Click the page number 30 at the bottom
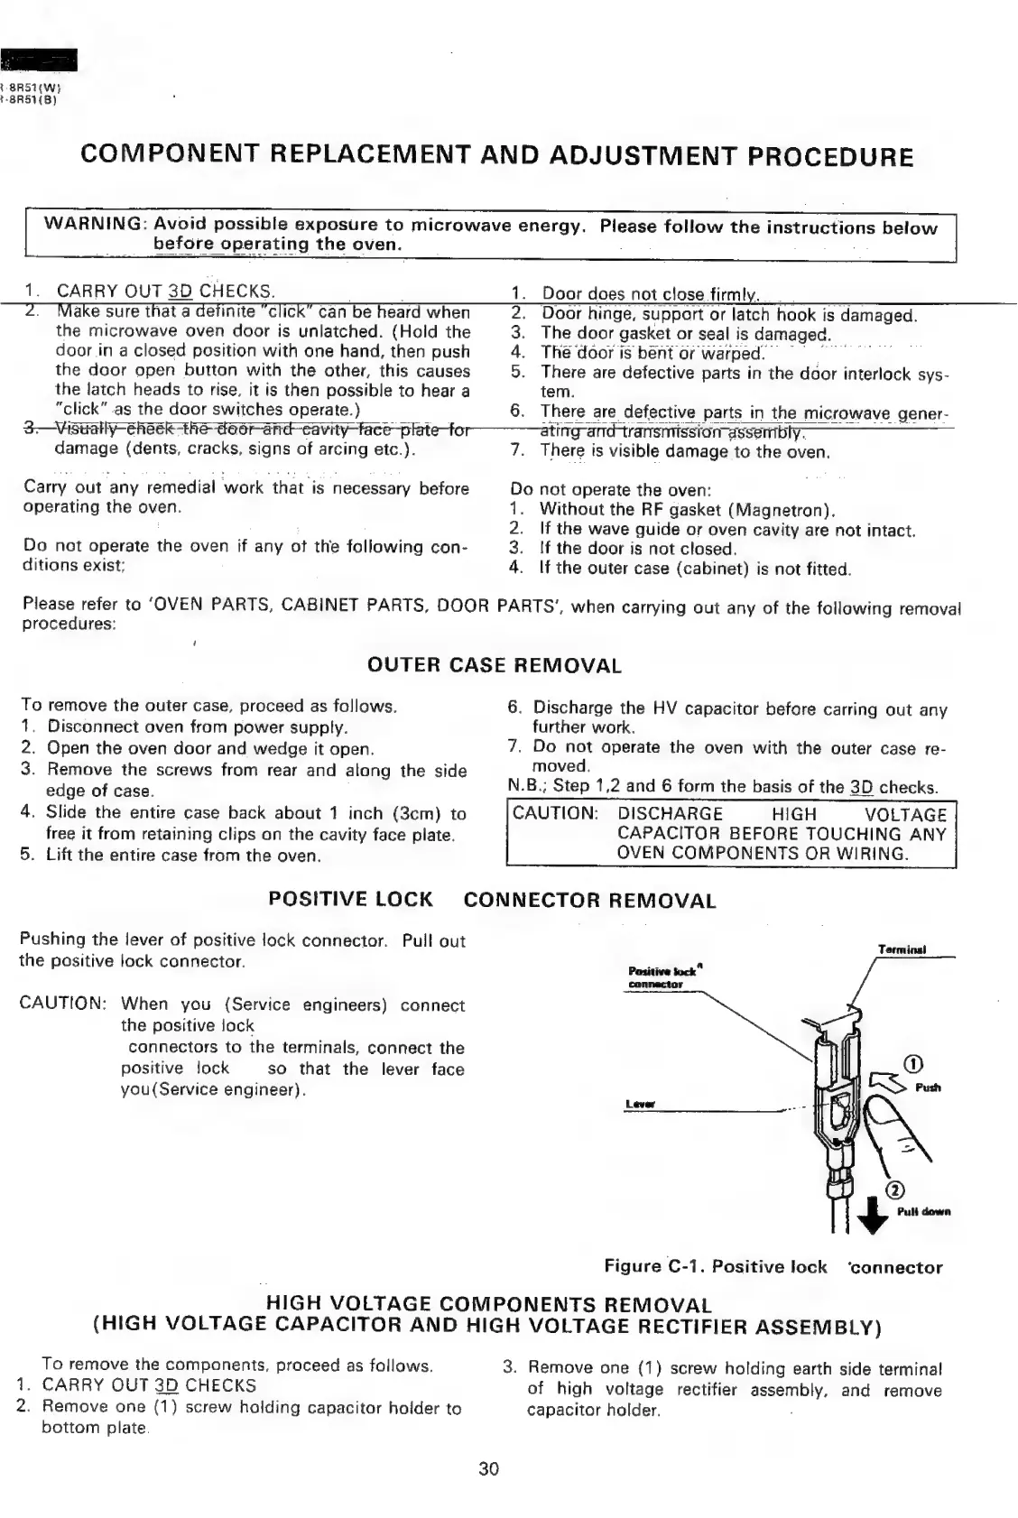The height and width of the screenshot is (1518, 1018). [488, 1468]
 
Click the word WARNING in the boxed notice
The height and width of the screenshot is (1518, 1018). [95, 224]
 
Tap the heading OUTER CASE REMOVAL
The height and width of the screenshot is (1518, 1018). [495, 666]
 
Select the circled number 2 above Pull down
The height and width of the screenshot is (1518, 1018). [897, 1189]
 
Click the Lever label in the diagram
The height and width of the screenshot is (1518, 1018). [639, 1105]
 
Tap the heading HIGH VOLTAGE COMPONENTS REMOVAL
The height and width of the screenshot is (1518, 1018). [488, 1304]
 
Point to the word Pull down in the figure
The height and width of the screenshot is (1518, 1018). [923, 1211]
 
